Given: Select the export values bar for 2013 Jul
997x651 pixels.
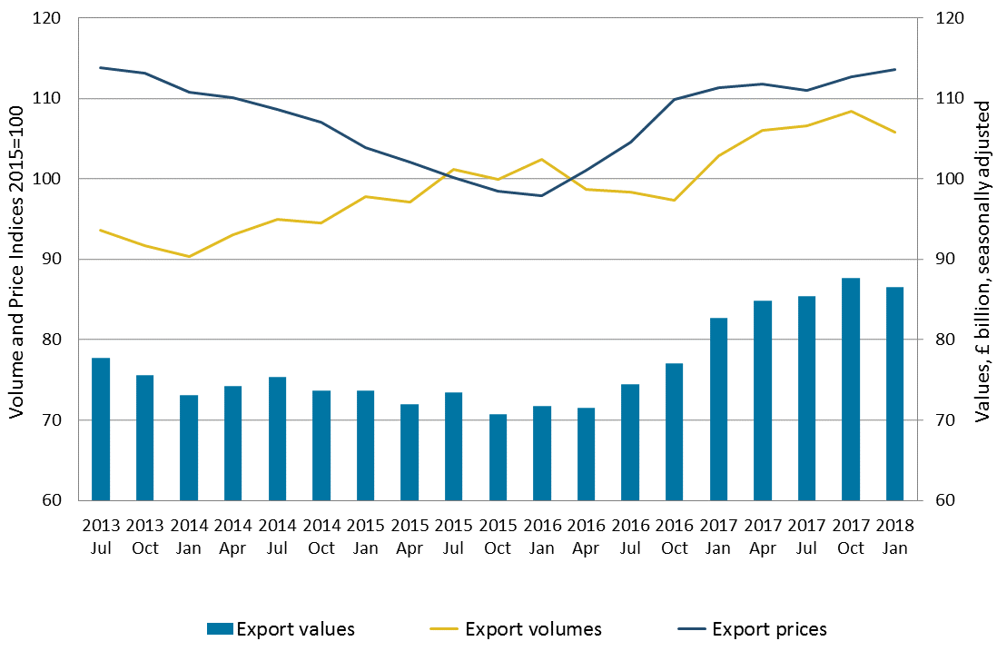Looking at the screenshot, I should click(x=101, y=429).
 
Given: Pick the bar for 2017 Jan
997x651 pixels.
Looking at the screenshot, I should click(x=718, y=409).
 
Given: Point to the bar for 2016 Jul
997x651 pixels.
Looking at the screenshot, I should click(x=630, y=442).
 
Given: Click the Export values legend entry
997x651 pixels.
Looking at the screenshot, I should click(x=281, y=629).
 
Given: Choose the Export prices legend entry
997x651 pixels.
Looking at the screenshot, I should click(x=754, y=629).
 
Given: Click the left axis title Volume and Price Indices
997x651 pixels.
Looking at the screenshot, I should click(x=15, y=259).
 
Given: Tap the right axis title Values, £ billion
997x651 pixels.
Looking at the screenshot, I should click(x=982, y=259).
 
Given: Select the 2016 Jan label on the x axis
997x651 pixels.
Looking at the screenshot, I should click(x=542, y=537).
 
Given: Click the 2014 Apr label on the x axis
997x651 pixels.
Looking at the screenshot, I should click(x=233, y=537).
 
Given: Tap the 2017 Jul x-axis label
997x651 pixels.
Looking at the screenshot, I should click(x=806, y=537).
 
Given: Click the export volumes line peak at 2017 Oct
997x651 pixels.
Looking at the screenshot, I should click(x=851, y=112).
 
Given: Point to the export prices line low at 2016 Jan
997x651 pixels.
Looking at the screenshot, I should click(x=542, y=195).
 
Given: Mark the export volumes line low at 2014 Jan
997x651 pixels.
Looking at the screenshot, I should click(x=189, y=257).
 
